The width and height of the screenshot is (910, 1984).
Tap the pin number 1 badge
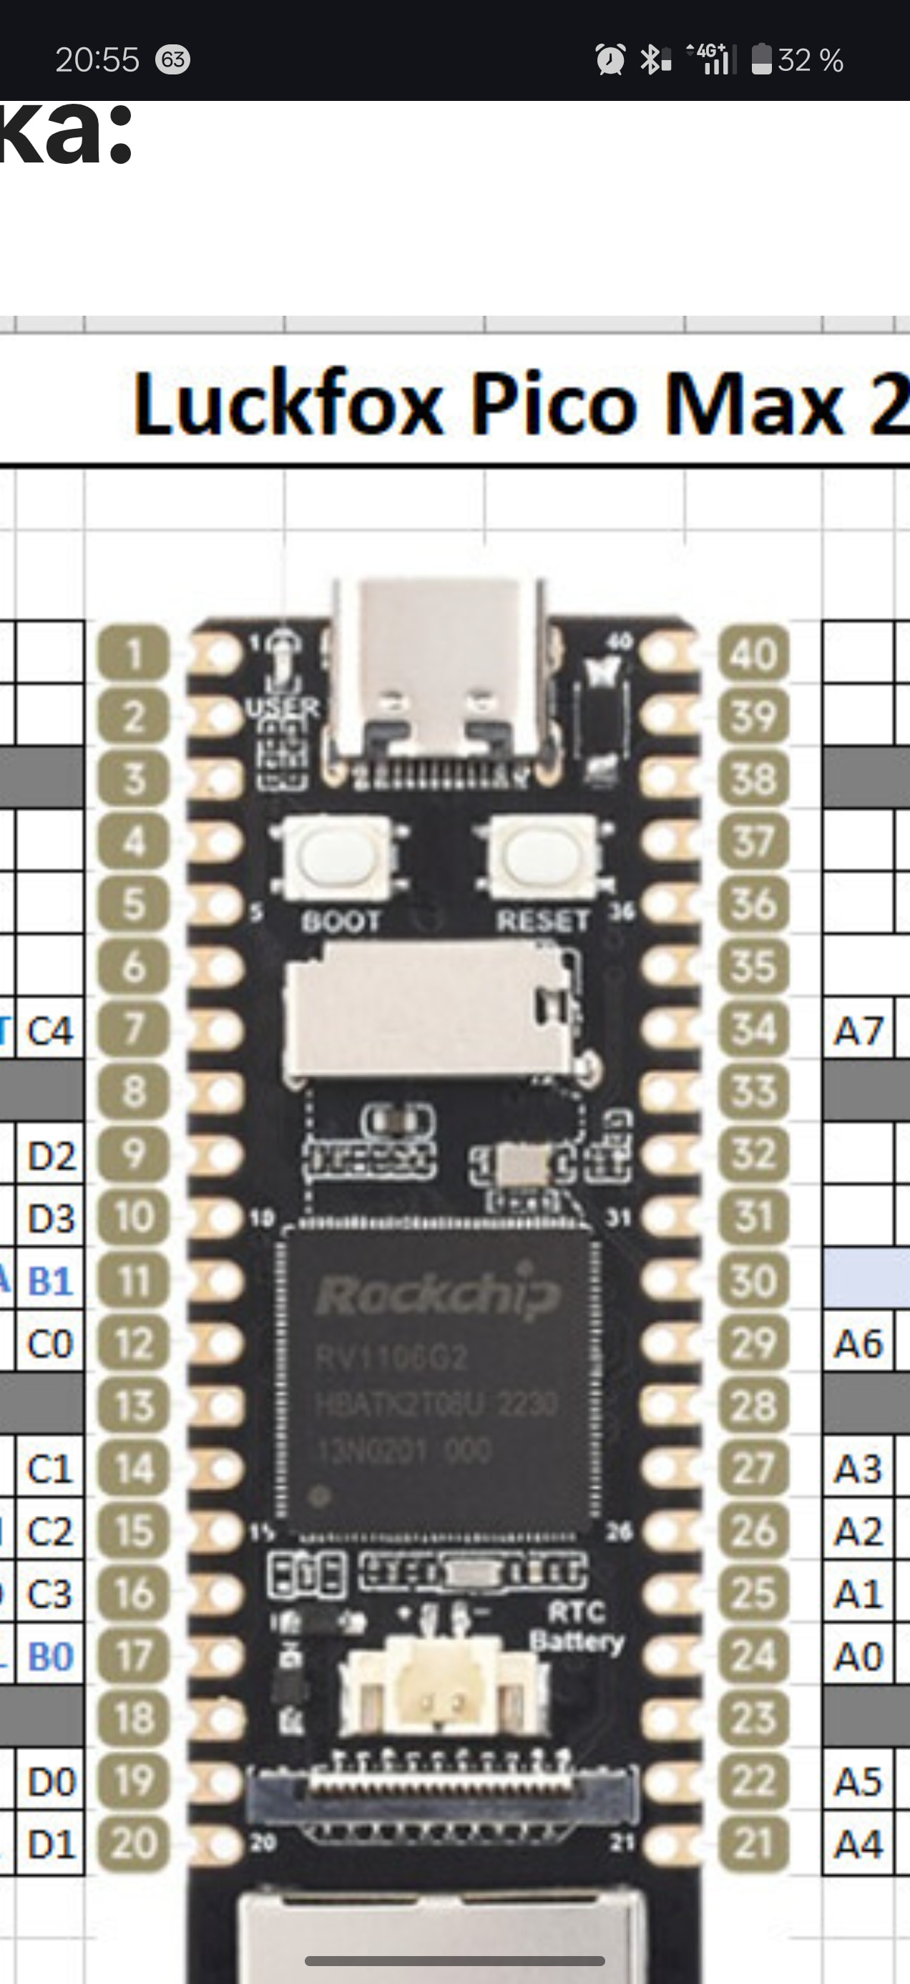pyautogui.click(x=133, y=653)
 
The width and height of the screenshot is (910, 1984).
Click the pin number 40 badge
pyautogui.click(x=754, y=653)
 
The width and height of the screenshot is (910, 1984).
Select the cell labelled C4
pyautogui.click(x=50, y=1031)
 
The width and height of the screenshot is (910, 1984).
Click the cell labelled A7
pyautogui.click(x=858, y=1031)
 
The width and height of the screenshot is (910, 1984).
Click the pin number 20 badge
pyautogui.click(x=133, y=1843)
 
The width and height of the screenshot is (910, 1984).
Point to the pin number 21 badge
pyautogui.click(x=754, y=1843)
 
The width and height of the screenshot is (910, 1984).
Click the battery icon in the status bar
pyautogui.click(x=761, y=59)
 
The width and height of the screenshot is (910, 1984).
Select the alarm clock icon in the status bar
pyautogui.click(x=610, y=59)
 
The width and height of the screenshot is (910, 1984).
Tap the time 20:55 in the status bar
pyautogui.click(x=97, y=60)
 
